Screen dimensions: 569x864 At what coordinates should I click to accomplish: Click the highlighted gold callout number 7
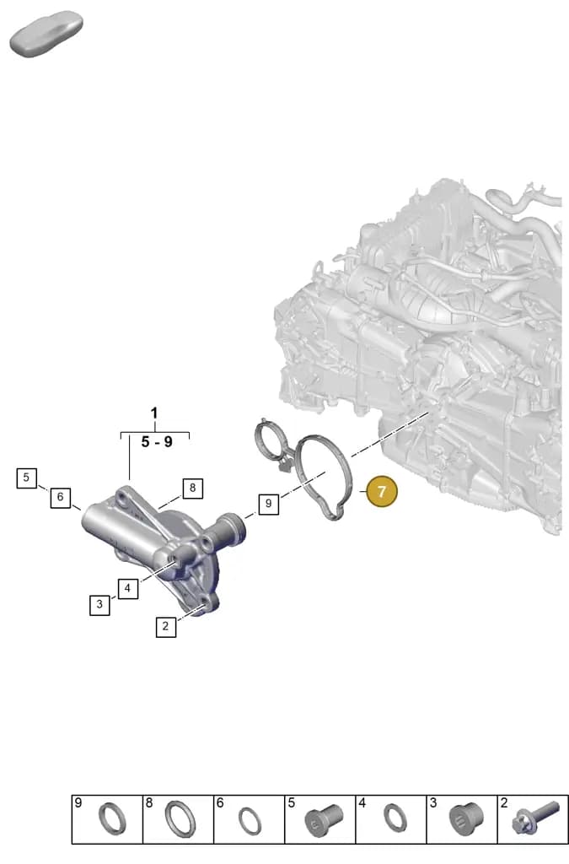click(x=381, y=491)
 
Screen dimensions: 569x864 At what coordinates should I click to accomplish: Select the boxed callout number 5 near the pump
click(x=26, y=478)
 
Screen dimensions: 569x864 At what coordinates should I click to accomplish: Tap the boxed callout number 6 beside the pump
click(x=61, y=497)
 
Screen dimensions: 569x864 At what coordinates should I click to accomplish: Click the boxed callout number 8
click(x=192, y=488)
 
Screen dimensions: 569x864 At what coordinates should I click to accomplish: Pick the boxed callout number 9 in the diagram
click(x=268, y=503)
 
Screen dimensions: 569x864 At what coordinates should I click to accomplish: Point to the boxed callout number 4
click(x=127, y=588)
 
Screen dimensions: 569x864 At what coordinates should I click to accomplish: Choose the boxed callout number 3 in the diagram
click(x=99, y=604)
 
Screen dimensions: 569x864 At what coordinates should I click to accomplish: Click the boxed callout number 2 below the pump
click(x=165, y=627)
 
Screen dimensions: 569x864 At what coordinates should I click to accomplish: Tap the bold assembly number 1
click(x=154, y=413)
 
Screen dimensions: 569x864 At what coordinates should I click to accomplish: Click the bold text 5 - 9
click(x=156, y=442)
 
